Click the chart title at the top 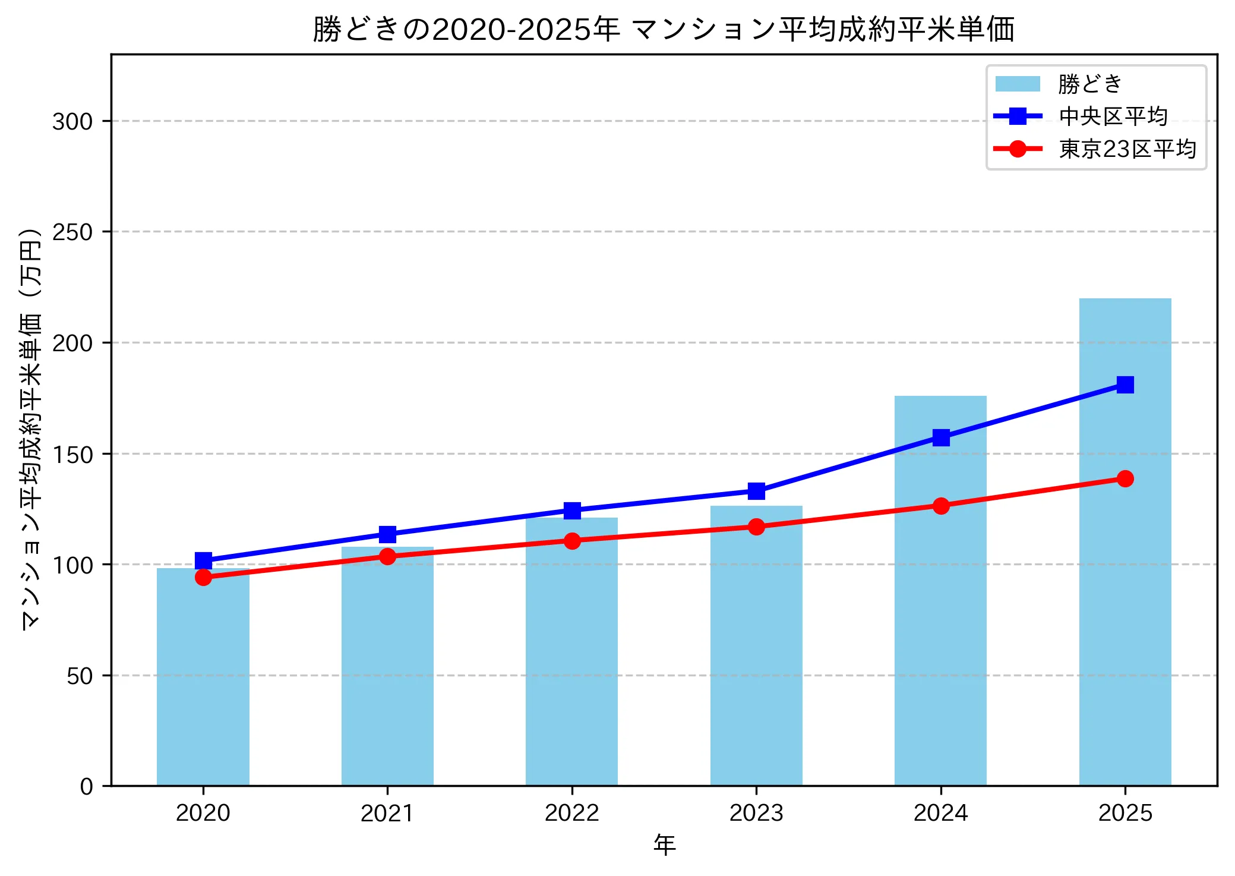[664, 30]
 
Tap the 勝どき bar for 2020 [203, 678]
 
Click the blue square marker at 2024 [940, 438]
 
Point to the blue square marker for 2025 [1125, 385]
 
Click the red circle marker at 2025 [1125, 478]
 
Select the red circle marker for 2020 [203, 577]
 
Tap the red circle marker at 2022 [572, 541]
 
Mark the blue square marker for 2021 [387, 534]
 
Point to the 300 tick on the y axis [72, 121]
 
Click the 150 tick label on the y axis [72, 455]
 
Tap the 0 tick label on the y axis [86, 787]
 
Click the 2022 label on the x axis [572, 813]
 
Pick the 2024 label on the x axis [940, 813]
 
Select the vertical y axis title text [31, 428]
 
